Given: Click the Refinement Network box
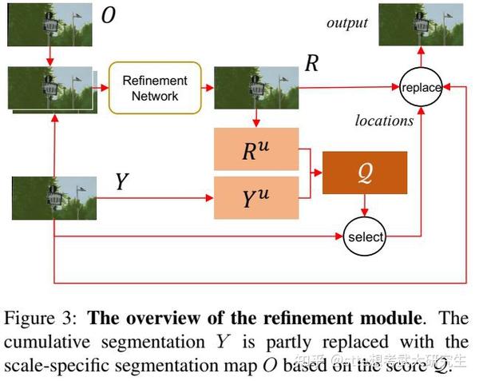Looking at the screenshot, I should point(155,87).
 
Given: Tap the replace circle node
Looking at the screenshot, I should point(421,87).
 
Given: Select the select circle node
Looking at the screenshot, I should point(364,236).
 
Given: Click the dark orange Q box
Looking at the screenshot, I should point(364,172).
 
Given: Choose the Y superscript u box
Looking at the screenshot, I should point(255,198).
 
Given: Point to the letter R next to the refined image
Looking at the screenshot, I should point(311,64).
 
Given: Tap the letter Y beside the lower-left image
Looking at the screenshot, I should point(121,182).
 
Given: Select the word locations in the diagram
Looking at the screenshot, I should point(384,121).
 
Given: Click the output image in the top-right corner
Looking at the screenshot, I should point(420,26).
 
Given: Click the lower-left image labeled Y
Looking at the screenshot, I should point(53,198).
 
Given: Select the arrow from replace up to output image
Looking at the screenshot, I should point(421,61).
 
